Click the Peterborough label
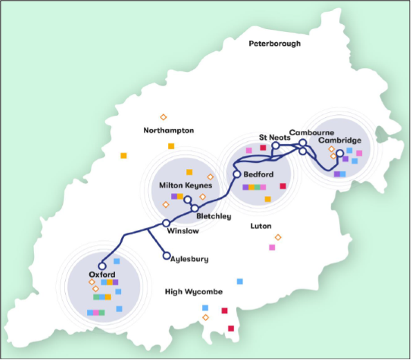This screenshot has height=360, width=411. click(x=275, y=44)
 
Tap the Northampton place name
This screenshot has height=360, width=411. click(x=169, y=130)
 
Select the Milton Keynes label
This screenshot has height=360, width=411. click(x=185, y=186)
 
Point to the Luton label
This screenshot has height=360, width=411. click(x=262, y=226)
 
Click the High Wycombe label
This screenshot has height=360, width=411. click(x=194, y=291)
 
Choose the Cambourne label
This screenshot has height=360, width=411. click(x=312, y=132)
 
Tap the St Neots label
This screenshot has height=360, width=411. click(x=273, y=137)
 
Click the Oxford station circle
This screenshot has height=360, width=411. click(x=102, y=264)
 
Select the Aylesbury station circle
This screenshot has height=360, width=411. click(x=166, y=255)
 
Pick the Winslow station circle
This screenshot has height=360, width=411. click(x=166, y=223)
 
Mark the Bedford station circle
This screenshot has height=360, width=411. click(x=237, y=174)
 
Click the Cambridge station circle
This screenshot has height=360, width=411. click(x=340, y=154)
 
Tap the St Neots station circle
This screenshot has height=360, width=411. click(x=275, y=145)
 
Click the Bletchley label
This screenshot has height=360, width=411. click(x=214, y=216)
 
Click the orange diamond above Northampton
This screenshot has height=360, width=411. click(x=164, y=116)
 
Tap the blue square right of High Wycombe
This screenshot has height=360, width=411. click(x=239, y=281)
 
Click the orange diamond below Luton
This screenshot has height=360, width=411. click(x=278, y=237)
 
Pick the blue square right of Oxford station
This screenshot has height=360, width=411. click(x=116, y=261)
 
